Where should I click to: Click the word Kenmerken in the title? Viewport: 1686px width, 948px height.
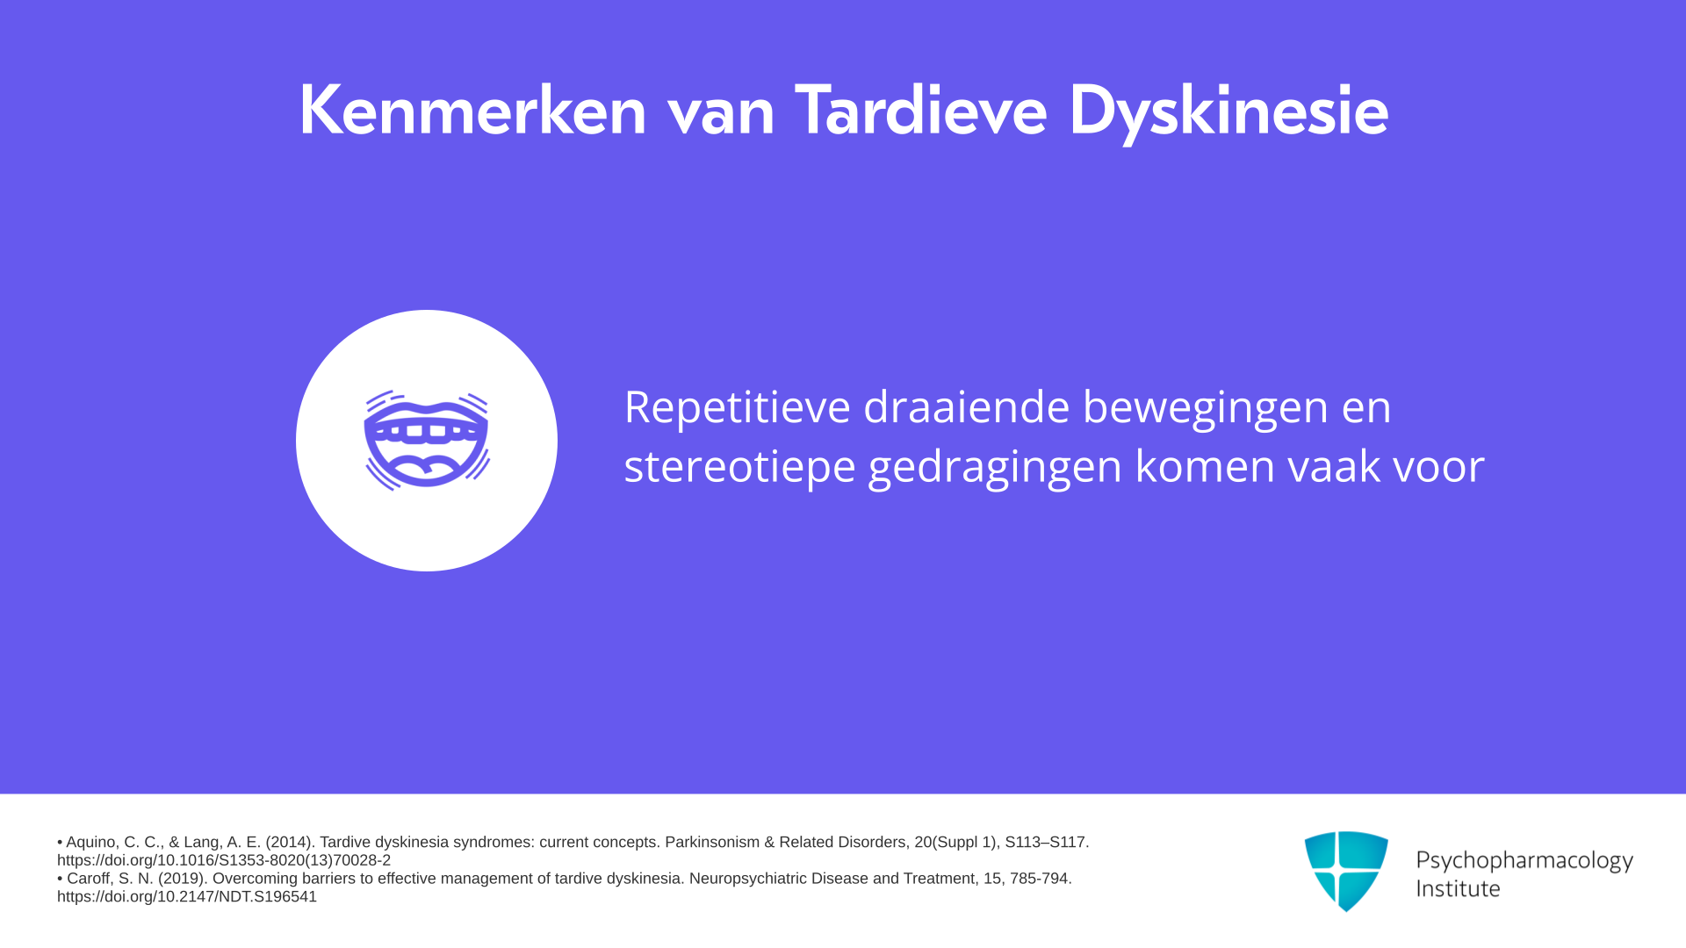click(472, 111)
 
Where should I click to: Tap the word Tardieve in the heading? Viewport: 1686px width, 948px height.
click(920, 111)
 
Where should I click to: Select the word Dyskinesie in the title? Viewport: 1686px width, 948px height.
click(1228, 112)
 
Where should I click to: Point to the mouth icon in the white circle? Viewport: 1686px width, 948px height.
click(427, 441)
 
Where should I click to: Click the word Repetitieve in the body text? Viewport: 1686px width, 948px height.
click(737, 409)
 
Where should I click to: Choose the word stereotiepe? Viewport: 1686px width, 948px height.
click(739, 468)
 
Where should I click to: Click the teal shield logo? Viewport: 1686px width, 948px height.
click(1346, 871)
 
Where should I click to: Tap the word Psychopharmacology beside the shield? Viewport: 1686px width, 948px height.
click(1524, 861)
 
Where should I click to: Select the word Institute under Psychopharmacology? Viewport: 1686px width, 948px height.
click(1458, 888)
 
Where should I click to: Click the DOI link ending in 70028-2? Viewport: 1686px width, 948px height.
click(224, 860)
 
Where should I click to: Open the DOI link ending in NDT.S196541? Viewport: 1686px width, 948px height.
click(187, 896)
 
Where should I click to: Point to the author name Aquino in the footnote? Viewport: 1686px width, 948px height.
click(92, 843)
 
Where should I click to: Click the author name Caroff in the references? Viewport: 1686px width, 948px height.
click(89, 879)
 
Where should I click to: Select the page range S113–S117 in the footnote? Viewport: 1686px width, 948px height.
click(1047, 843)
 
